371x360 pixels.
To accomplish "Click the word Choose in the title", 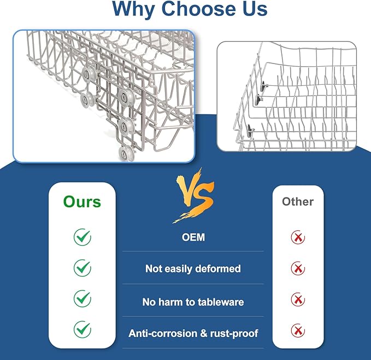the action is [x=199, y=9].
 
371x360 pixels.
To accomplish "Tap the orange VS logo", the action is [x=195, y=195].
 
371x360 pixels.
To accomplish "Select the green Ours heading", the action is [x=82, y=202].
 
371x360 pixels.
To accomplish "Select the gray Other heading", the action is [x=298, y=201].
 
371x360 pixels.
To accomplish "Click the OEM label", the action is [x=193, y=237].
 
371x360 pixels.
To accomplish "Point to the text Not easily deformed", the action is [x=193, y=269].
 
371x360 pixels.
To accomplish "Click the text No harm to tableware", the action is [x=193, y=302].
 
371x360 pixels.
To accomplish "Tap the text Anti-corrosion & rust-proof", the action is [x=193, y=333].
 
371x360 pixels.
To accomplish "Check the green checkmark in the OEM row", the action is [x=83, y=237].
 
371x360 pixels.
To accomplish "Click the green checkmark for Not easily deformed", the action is [x=83, y=268].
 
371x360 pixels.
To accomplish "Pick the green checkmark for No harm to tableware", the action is [x=83, y=298].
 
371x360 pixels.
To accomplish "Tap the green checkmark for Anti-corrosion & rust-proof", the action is [x=83, y=329].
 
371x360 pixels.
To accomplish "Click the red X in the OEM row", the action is [x=298, y=237].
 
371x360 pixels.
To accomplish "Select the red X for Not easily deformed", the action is [x=298, y=269].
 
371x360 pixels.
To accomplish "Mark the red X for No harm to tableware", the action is [x=298, y=300].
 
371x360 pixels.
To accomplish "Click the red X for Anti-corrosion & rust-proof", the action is [x=298, y=330].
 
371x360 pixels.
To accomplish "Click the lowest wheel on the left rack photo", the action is [x=126, y=153].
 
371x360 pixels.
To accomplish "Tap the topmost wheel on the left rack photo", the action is [x=89, y=74].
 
